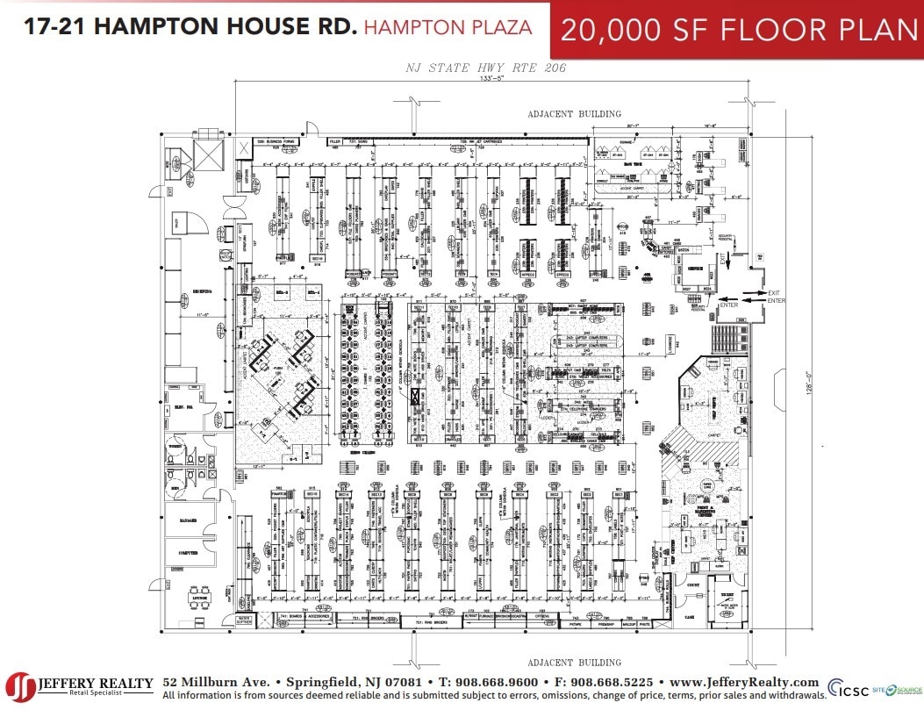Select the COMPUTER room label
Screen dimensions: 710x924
coord(187,554)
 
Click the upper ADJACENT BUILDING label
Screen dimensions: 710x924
coord(574,114)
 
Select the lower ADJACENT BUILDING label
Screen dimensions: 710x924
coord(574,663)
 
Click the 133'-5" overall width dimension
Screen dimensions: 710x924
coord(491,78)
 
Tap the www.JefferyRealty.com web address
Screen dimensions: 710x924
coord(744,682)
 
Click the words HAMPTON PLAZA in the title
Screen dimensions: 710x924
coord(448,27)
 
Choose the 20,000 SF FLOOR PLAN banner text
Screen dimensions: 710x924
coord(738,29)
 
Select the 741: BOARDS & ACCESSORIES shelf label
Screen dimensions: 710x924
coord(305,616)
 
